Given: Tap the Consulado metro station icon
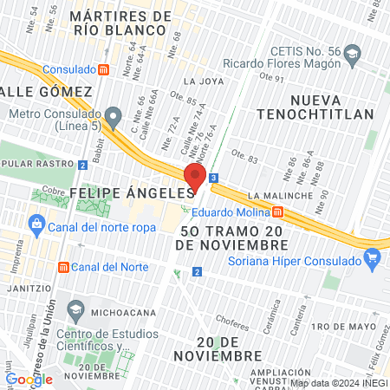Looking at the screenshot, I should (104, 68).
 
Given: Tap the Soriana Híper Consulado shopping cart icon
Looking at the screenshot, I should (374, 256).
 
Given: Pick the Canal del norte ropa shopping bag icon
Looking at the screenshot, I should (36, 226).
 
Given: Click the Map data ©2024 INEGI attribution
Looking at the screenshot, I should (338, 382).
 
